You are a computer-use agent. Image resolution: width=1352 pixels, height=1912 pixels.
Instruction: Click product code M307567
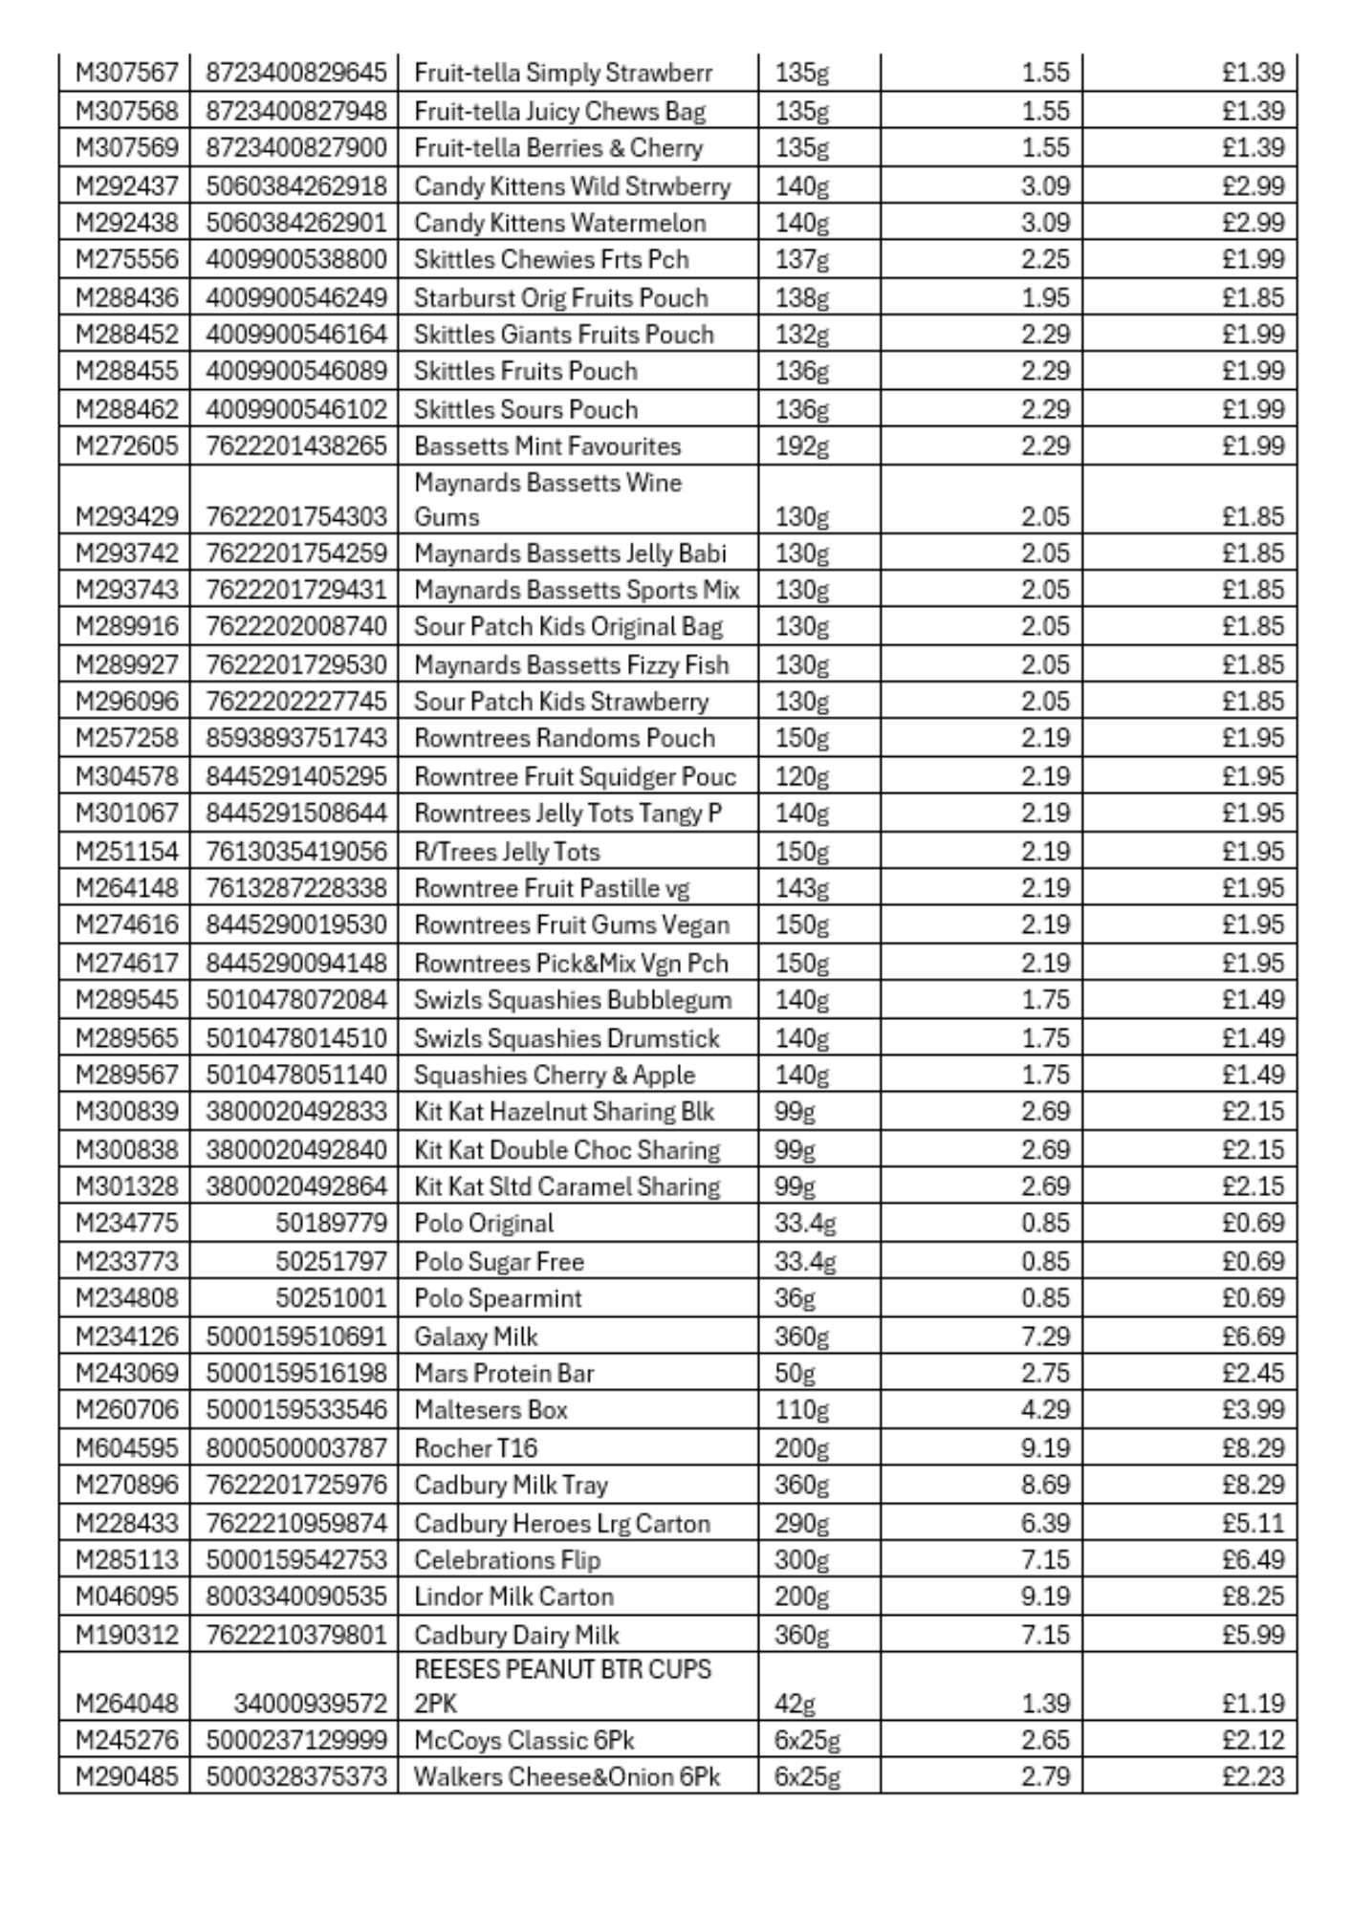click(126, 73)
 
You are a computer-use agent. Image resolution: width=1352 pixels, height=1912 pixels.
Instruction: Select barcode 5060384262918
click(295, 185)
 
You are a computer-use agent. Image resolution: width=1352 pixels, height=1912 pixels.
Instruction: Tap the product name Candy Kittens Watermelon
click(559, 223)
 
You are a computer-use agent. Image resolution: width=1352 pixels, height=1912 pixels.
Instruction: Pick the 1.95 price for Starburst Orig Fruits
click(1044, 297)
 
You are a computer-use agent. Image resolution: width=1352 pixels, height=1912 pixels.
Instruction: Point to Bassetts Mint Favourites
click(547, 446)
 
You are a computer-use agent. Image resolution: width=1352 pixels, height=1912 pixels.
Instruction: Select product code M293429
click(126, 517)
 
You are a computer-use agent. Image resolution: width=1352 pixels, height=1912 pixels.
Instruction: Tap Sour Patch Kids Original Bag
click(568, 627)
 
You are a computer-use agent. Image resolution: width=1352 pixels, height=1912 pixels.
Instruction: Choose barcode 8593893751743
click(295, 738)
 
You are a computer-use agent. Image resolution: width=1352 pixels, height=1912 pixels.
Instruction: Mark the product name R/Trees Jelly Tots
click(507, 851)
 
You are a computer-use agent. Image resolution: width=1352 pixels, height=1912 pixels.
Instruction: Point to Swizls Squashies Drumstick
click(566, 1038)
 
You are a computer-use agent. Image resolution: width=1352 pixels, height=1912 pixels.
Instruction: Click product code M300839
click(126, 1112)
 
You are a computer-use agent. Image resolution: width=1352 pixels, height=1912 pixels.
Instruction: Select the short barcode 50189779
click(331, 1224)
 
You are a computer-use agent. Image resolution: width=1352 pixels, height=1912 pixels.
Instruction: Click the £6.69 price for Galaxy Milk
click(1253, 1336)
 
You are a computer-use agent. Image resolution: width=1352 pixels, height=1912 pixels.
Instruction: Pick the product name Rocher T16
click(475, 1448)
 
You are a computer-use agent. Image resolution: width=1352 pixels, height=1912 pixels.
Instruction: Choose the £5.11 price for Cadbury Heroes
click(1253, 1523)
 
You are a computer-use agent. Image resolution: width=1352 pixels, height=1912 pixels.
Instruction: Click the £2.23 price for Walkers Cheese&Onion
click(1253, 1777)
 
